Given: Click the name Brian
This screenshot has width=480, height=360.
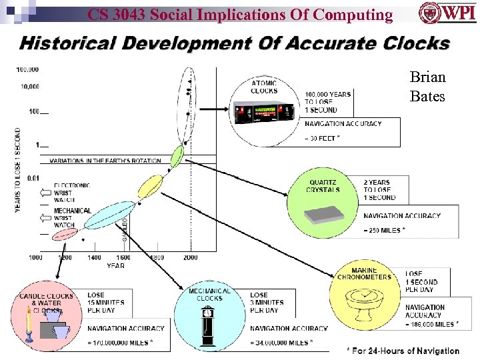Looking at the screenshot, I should [427, 77].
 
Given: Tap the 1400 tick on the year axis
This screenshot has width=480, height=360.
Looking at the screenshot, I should [94, 257].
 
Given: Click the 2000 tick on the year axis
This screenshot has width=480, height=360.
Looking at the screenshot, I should [190, 257].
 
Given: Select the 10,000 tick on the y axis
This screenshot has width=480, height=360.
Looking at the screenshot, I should [29, 86].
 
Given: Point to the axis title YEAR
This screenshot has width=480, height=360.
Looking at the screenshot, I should [115, 265].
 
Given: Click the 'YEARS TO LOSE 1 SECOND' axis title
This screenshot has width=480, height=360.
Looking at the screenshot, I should [18, 171].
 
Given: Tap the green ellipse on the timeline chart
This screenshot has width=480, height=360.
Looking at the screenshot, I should [177, 156].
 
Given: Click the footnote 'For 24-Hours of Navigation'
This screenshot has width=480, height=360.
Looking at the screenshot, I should [403, 351].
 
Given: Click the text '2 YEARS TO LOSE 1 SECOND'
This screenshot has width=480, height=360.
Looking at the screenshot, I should [379, 189].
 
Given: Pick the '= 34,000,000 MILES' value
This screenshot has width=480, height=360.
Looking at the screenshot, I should [280, 343].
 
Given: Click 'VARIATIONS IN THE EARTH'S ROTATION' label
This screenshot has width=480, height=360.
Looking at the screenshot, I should [105, 161].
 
